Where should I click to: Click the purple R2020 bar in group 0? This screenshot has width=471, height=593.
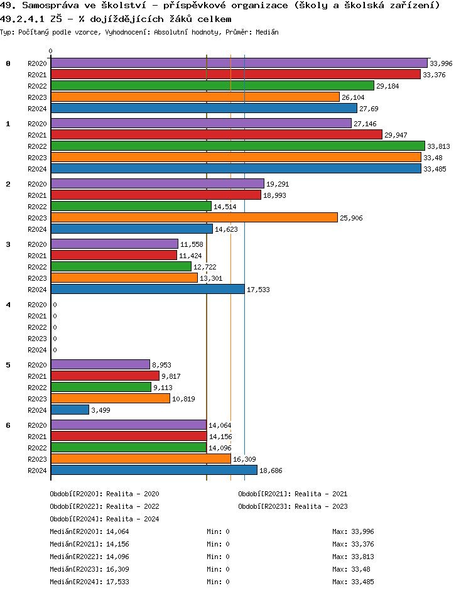tap(239, 63)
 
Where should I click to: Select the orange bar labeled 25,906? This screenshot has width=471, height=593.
tap(194, 217)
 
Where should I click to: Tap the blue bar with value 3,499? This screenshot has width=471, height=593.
tap(70, 410)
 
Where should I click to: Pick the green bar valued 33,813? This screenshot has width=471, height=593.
tap(237, 146)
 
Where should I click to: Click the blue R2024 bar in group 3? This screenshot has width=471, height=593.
tap(148, 289)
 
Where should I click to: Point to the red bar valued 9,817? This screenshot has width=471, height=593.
tap(105, 376)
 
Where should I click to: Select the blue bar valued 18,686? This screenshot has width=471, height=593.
tap(154, 470)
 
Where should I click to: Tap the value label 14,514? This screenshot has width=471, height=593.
tap(225, 207)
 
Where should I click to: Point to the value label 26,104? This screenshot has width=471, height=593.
tap(353, 97)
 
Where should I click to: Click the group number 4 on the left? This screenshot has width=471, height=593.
tap(8, 305)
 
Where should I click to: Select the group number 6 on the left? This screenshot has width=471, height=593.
tap(8, 425)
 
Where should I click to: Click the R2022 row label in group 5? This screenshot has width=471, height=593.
tap(37, 388)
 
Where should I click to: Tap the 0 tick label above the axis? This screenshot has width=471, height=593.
tap(51, 51)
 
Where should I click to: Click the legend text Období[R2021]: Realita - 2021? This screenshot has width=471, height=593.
tap(293, 494)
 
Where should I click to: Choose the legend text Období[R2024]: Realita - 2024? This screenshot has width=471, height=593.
tap(104, 519)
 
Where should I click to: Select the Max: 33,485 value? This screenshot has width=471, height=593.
tap(353, 582)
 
